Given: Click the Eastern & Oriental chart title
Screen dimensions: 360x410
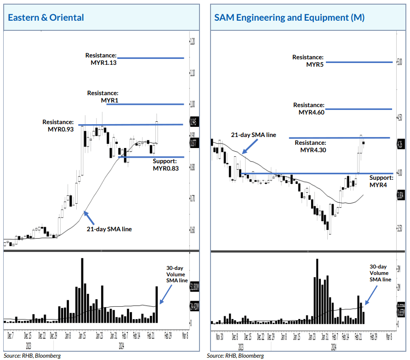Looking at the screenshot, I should pos(46,17).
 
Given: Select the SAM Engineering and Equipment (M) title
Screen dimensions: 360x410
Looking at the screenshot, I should pos(290,17).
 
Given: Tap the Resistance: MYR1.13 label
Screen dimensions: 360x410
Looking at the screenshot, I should pos(101,59).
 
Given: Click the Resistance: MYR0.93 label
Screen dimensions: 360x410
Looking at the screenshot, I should pos(58,126).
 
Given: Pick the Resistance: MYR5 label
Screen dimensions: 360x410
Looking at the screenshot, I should pos(308,61).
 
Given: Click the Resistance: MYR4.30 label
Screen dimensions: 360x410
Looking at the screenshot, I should pos(310,146).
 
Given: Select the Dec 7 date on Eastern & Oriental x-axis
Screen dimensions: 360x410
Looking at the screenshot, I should pos(10,336).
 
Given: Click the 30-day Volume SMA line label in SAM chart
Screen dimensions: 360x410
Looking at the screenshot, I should pos(380,273).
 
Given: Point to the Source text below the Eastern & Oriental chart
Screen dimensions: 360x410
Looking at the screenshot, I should pos(32,355).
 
